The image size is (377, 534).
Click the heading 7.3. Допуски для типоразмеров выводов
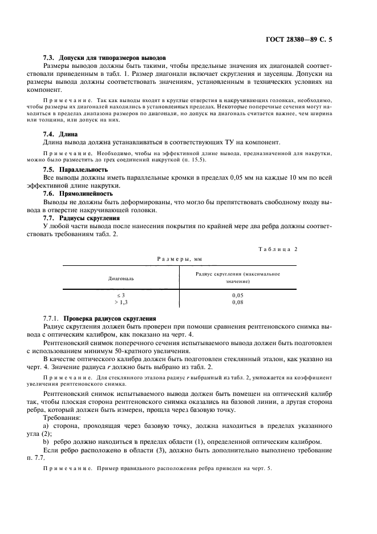[104, 58]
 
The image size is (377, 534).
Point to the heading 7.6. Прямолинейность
[78, 194]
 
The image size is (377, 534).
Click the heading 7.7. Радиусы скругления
[82, 218]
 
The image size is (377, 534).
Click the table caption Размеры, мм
[180, 258]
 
